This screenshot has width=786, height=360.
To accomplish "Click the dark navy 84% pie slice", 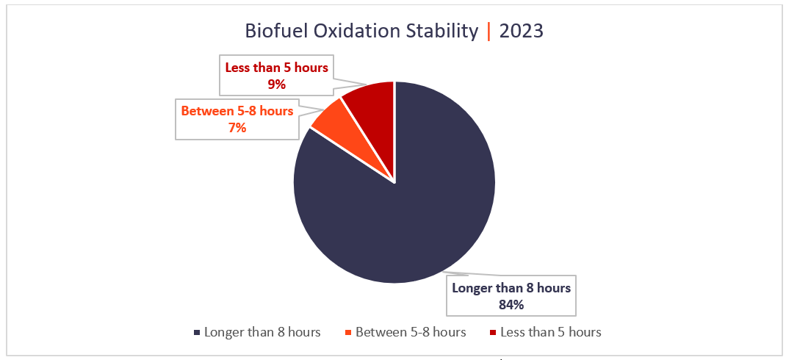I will [x=411, y=213].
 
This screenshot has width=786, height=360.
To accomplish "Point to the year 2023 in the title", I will [x=522, y=32].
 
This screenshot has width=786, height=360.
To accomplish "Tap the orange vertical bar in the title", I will [x=489, y=32].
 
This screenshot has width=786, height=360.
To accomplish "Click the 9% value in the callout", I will [x=276, y=84].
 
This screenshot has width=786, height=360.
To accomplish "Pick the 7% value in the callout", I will [x=237, y=128].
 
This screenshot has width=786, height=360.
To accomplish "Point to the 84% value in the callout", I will [x=511, y=304].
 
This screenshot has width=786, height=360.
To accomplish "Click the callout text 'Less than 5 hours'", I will [x=276, y=68].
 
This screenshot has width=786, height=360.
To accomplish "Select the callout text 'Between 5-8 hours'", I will [x=237, y=112].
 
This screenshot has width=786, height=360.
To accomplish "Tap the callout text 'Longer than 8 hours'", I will [x=511, y=288].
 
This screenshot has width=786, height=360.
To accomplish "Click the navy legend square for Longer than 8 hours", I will [x=197, y=333].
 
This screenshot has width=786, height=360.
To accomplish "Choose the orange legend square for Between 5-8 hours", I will [x=347, y=333].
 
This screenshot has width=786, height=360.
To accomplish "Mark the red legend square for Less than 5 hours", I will [x=492, y=333].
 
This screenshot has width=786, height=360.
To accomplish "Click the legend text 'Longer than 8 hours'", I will [x=262, y=332].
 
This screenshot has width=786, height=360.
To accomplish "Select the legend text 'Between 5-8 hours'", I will [x=411, y=332].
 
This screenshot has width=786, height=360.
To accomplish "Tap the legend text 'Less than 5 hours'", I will [x=551, y=332].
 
